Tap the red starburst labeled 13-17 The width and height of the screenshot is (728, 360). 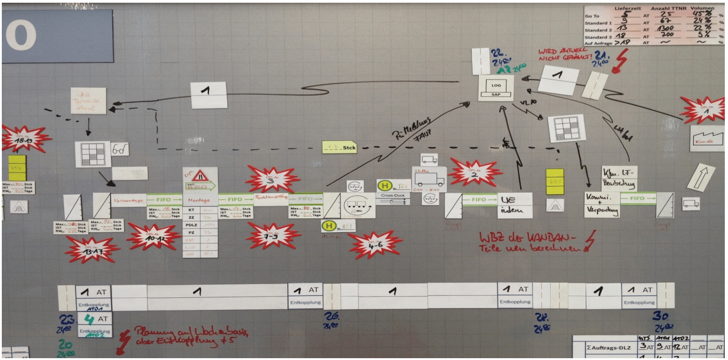[92, 249]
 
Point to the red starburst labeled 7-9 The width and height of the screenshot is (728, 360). [272, 236]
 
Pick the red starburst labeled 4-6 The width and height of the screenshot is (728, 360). [375, 245]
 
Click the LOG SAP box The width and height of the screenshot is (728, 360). [496, 88]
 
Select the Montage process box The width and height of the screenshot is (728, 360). [199, 200]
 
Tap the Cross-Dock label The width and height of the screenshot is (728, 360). [392, 195]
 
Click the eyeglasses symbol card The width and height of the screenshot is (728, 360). [120, 149]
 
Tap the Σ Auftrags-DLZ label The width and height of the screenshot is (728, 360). [608, 347]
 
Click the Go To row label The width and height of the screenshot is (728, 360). [592, 16]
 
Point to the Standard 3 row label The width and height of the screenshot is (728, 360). [598, 37]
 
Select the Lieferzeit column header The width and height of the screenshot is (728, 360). [627, 8]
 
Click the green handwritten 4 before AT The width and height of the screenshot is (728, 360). [89, 319]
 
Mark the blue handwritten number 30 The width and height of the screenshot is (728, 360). [660, 316]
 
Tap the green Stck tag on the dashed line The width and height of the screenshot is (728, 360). [340, 147]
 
